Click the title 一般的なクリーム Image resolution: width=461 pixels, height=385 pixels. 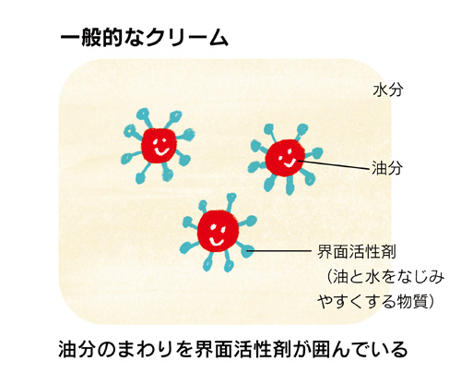point(144,39)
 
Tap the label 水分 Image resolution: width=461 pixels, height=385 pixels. point(387,90)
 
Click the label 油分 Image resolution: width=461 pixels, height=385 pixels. point(387,168)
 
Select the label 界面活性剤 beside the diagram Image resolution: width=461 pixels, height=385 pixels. point(356,252)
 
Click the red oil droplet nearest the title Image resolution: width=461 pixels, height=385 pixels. point(159,146)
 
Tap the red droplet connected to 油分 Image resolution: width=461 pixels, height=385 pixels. point(285,158)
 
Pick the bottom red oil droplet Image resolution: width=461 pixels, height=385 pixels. point(218,232)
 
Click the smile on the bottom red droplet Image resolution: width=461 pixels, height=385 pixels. point(217,241)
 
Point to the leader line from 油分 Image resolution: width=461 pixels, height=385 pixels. point(334,164)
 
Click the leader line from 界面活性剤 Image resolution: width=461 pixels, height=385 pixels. point(280,251)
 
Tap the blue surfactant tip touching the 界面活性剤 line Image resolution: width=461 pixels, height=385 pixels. point(248,251)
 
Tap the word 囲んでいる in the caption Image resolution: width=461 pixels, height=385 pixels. point(360,349)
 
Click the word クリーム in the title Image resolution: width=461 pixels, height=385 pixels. point(187,39)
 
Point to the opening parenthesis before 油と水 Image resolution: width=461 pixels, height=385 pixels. point(329,277)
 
